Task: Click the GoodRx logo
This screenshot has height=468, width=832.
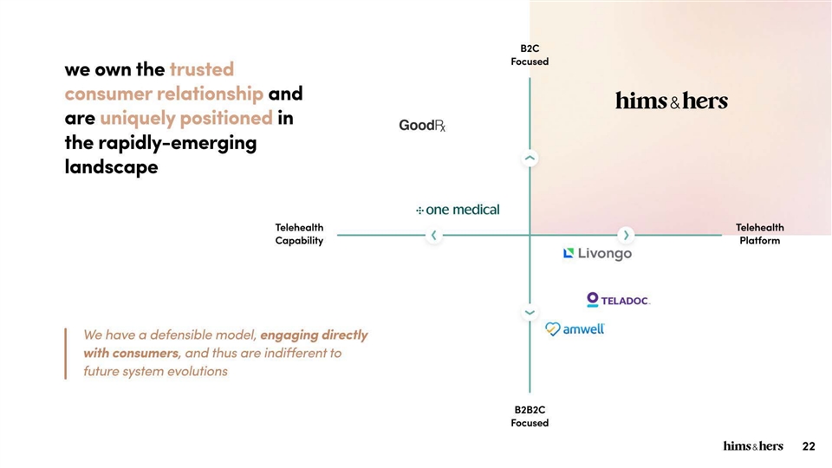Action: pos(422,127)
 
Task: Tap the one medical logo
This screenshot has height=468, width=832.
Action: pos(458,210)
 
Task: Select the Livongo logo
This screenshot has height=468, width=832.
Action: pos(597,254)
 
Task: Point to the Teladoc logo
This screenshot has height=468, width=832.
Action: pos(618,300)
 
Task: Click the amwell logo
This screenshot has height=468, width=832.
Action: pos(575,329)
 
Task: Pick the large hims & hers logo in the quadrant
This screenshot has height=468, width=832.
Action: pos(672,101)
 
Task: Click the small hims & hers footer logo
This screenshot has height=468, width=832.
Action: pos(753,446)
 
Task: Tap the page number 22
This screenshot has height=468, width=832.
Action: pos(809,446)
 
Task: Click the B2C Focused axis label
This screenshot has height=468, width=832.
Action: pos(529,55)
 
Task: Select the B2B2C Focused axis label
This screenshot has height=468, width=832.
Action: pos(529,416)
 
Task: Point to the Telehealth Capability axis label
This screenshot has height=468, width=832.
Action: pos(299,234)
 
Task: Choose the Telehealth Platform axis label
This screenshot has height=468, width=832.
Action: pos(759,234)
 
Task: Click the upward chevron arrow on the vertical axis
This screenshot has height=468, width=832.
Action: pos(530,159)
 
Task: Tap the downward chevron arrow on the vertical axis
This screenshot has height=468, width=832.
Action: pos(530,312)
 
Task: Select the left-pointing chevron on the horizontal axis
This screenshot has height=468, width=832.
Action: pos(434,235)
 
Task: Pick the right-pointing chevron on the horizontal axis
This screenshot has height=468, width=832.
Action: pos(627,235)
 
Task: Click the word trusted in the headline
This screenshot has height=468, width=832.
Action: pos(202,68)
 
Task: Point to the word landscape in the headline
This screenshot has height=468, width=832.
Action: pos(111,167)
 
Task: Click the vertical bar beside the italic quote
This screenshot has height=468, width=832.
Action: pos(65,353)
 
